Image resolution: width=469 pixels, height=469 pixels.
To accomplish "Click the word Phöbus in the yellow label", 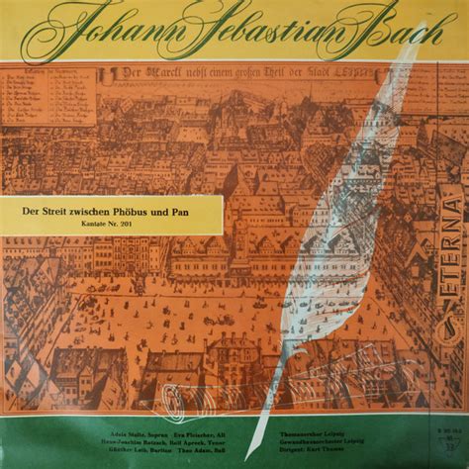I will coord(126,211).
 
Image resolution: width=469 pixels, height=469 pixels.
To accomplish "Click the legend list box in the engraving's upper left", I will coord(48,96).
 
